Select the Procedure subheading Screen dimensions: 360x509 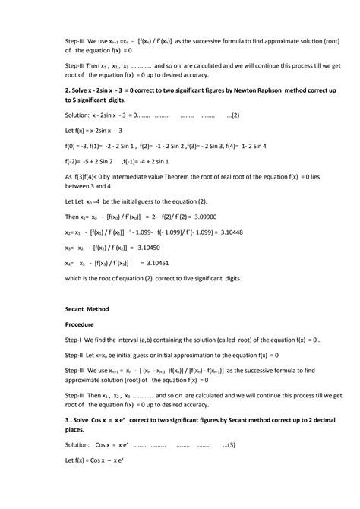(x=82, y=324)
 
